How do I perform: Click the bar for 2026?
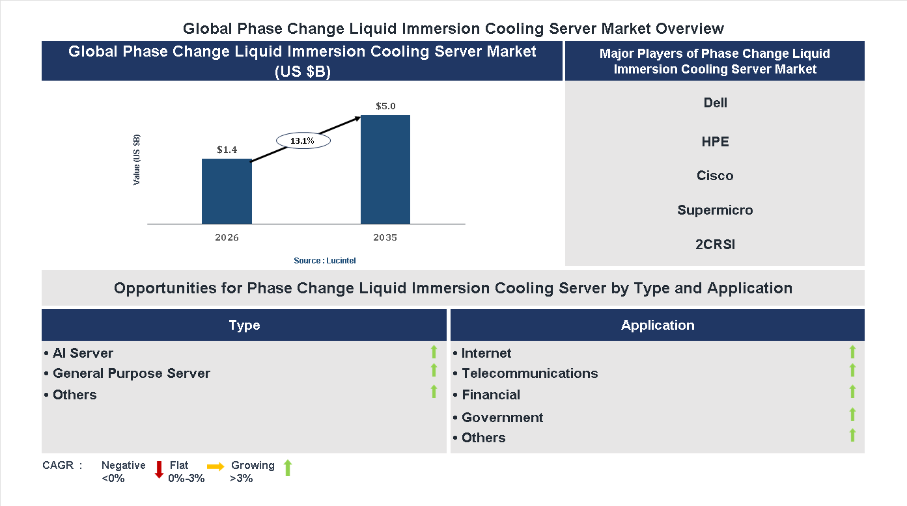pyautogui.click(x=227, y=191)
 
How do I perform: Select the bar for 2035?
pyautogui.click(x=385, y=170)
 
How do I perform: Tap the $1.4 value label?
pyautogui.click(x=227, y=150)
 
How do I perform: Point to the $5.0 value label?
pyautogui.click(x=385, y=106)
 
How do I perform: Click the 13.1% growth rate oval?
pyautogui.click(x=303, y=140)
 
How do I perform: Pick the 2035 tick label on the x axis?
pyautogui.click(x=385, y=237)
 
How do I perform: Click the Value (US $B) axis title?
pyautogui.click(x=137, y=159)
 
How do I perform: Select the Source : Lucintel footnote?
pyautogui.click(x=325, y=260)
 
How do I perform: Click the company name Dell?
pyautogui.click(x=715, y=103)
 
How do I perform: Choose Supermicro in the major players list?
pyautogui.click(x=715, y=210)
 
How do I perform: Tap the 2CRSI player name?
pyautogui.click(x=715, y=245)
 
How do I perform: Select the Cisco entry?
pyautogui.click(x=715, y=176)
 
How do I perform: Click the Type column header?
pyautogui.click(x=244, y=325)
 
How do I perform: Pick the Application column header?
pyautogui.click(x=658, y=325)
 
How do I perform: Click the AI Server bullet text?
pyautogui.click(x=83, y=353)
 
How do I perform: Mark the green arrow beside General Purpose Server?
pyautogui.click(x=434, y=370)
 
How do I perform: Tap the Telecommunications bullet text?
pyautogui.click(x=529, y=373)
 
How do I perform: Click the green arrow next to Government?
pyautogui.click(x=852, y=414)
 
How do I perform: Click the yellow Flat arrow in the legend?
pyautogui.click(x=216, y=466)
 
